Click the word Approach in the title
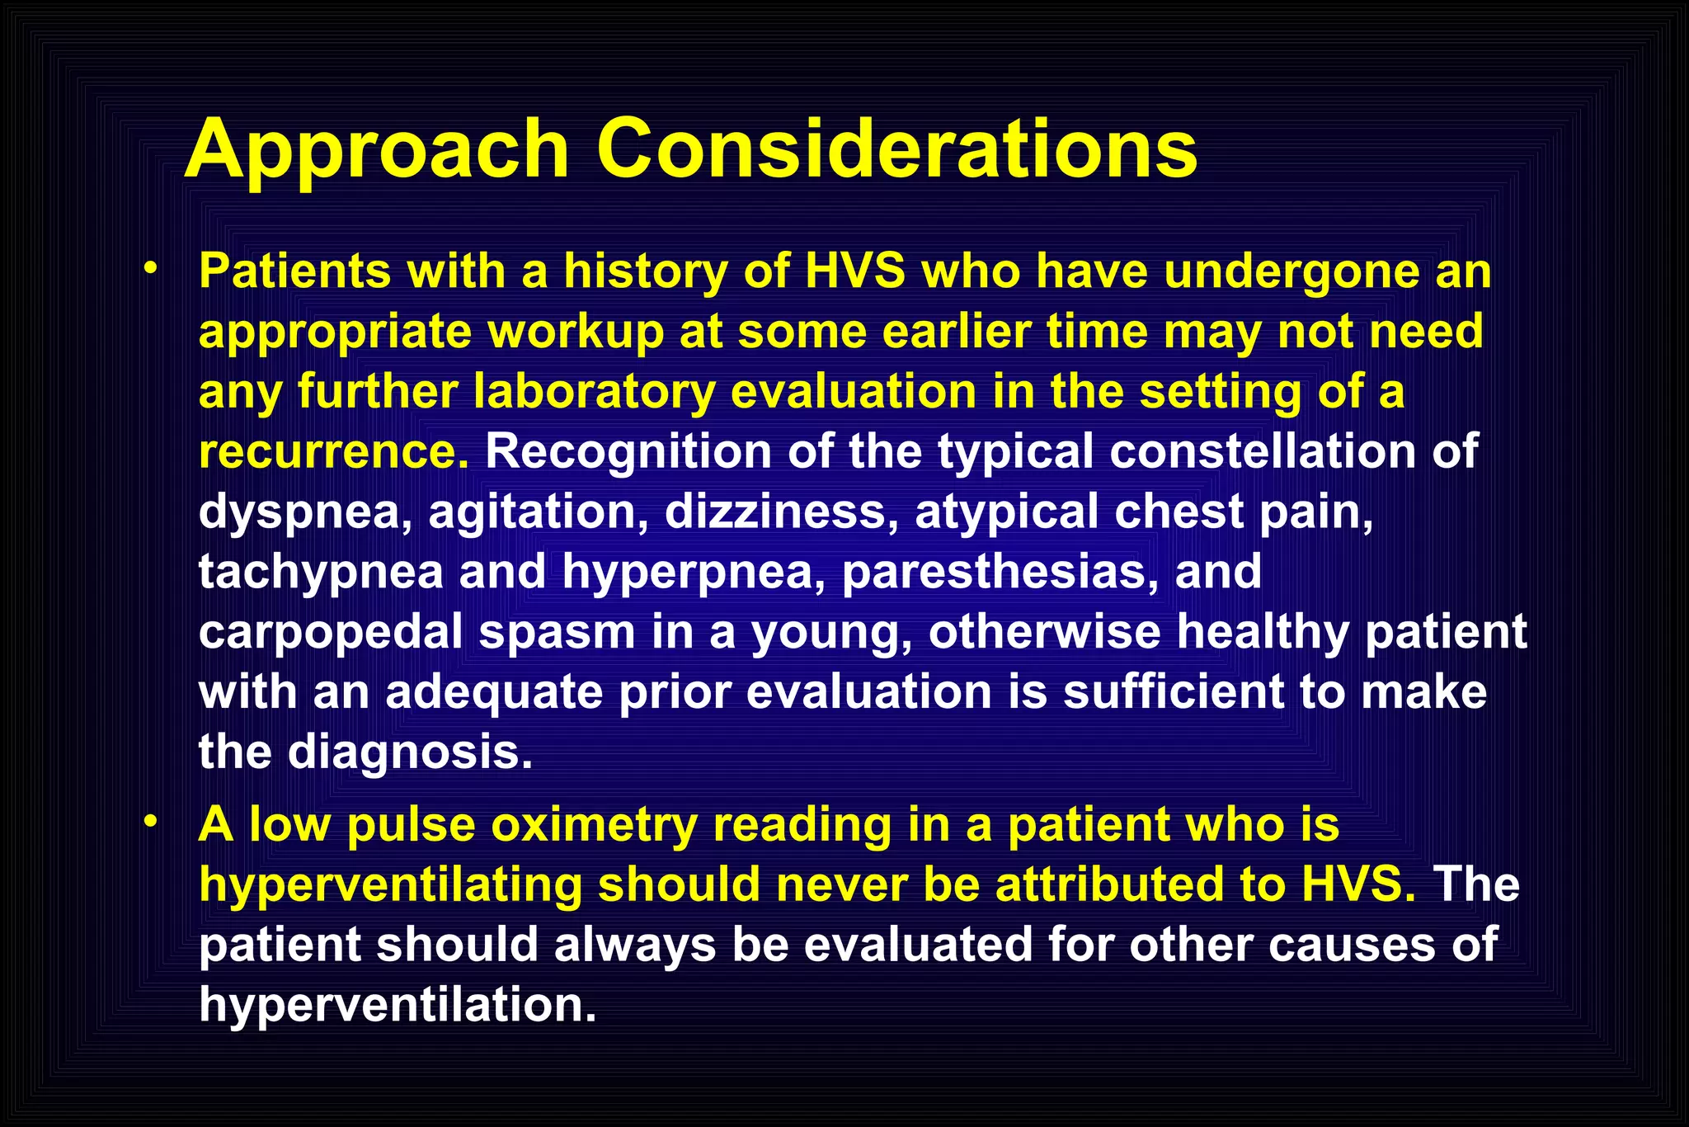[x=377, y=150]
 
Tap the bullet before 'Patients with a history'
[x=150, y=269]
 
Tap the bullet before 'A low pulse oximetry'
[x=150, y=823]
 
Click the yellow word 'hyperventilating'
[x=391, y=885]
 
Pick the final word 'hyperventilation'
[x=398, y=1005]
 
